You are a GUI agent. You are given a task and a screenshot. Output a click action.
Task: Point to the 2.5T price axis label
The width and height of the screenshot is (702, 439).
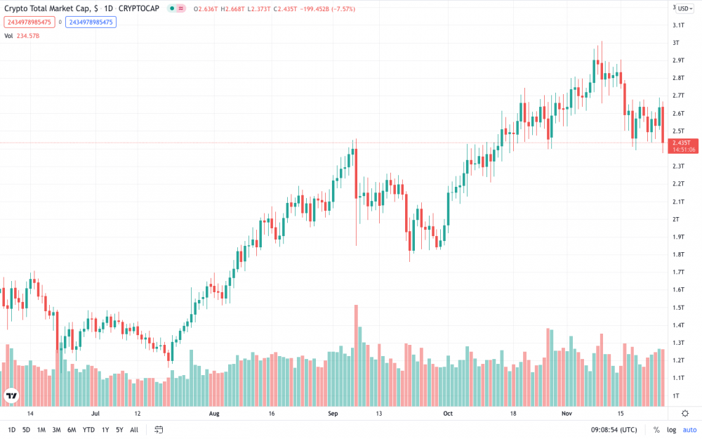click(678, 131)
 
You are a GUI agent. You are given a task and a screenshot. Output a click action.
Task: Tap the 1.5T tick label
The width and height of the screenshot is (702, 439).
click(678, 308)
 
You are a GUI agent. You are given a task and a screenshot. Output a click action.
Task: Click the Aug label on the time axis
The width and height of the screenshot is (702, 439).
click(215, 414)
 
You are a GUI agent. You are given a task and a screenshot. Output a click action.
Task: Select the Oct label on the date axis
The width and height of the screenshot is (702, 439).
click(447, 414)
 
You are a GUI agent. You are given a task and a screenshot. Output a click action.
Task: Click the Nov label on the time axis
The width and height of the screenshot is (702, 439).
click(567, 414)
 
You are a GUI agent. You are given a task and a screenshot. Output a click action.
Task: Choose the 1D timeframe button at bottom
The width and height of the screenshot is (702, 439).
click(11, 430)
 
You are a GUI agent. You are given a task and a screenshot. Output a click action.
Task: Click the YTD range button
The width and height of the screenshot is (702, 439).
click(88, 430)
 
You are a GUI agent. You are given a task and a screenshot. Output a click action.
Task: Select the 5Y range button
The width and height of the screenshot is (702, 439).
click(119, 430)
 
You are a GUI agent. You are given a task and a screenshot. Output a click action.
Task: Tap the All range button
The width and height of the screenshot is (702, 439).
click(134, 430)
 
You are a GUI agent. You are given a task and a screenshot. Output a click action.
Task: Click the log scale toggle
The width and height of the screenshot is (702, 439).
click(672, 430)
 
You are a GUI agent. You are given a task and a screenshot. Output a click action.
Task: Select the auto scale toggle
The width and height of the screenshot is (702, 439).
click(689, 430)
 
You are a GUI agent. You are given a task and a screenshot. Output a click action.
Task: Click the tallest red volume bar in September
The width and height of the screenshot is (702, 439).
click(357, 355)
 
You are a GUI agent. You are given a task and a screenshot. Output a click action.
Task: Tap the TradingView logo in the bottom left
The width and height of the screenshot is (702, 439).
click(11, 397)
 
